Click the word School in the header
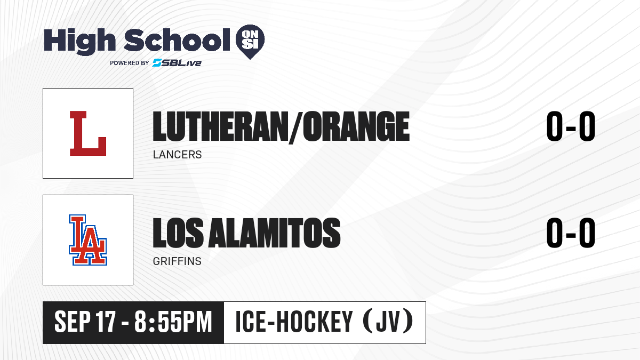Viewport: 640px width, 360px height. [177, 39]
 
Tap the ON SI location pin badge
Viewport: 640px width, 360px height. [250, 42]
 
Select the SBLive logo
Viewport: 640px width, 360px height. [177, 62]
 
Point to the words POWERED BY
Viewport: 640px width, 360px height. [130, 63]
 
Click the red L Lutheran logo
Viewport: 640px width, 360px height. [88, 133]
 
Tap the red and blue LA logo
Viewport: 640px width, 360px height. [88, 240]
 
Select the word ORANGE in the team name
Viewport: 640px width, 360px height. [356, 126]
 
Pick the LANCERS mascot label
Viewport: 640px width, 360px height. [178, 155]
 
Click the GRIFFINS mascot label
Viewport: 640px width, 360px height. [177, 261]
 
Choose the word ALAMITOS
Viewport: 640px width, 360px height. [274, 233]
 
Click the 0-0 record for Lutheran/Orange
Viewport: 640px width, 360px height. [571, 126]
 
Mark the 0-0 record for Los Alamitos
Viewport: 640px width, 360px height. [571, 233]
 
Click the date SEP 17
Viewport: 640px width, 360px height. [85, 322]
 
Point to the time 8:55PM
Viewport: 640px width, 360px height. [173, 322]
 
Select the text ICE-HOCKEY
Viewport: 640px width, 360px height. [294, 322]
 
